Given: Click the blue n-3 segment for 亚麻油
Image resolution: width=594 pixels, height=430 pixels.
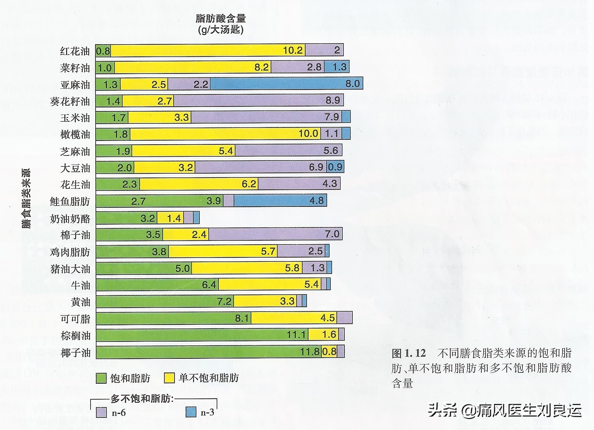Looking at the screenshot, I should [x=286, y=84].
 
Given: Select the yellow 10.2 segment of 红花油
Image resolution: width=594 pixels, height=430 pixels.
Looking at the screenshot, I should [x=208, y=50].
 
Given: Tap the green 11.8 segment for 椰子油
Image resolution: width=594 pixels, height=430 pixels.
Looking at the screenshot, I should [x=208, y=352].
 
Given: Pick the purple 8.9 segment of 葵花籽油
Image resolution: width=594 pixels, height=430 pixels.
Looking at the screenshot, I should [x=258, y=100].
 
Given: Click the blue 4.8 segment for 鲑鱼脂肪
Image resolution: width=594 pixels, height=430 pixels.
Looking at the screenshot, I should [x=280, y=201].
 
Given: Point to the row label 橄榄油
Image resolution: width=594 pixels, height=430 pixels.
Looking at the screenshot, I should [x=75, y=134].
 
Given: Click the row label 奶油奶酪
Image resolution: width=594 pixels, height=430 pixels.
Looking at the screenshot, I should [x=70, y=219].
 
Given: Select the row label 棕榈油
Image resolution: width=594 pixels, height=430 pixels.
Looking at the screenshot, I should [x=75, y=336].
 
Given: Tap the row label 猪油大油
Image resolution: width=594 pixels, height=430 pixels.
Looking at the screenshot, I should [x=70, y=269].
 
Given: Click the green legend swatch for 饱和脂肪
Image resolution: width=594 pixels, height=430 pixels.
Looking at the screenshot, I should [x=101, y=378].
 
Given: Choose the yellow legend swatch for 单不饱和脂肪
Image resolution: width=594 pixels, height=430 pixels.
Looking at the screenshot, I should [x=169, y=378].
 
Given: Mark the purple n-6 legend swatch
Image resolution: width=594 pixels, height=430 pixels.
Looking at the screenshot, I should [x=101, y=412].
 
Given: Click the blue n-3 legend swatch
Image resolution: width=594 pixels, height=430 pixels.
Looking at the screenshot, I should [x=191, y=412].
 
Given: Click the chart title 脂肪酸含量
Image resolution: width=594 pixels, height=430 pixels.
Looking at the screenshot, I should [x=221, y=18].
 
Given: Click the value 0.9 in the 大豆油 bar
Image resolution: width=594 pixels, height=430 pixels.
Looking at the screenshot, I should [x=335, y=167].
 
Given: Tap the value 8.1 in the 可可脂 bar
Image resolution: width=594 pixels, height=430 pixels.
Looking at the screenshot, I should [x=242, y=318].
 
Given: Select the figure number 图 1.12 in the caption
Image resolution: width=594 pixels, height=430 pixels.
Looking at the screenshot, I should [x=409, y=353].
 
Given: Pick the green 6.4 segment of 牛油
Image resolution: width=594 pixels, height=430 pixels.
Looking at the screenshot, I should [x=157, y=284].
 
